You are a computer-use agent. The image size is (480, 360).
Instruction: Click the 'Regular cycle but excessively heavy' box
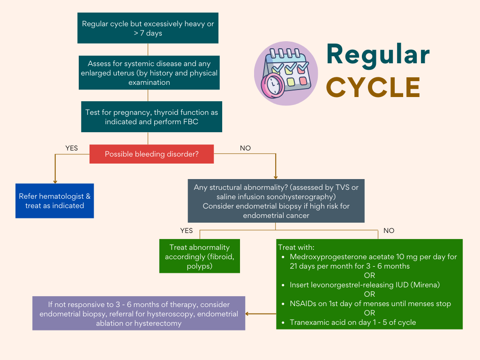[148, 28]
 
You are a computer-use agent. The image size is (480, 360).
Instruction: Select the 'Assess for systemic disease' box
[149, 73]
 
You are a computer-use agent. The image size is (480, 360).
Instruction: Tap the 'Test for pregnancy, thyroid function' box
[151, 117]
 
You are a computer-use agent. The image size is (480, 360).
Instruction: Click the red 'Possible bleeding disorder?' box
[151, 154]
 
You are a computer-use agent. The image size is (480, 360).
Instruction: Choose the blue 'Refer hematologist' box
[55, 201]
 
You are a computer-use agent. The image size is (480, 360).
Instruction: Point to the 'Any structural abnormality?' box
[276, 201]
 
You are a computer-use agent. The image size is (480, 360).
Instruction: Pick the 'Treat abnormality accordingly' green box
[200, 256]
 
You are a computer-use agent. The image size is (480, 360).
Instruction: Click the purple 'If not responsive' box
[139, 313]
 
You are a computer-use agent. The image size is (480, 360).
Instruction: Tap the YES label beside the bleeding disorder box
[71, 148]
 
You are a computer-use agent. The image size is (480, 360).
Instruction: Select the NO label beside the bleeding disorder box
[245, 148]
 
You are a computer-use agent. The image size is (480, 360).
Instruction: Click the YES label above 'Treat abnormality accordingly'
[187, 231]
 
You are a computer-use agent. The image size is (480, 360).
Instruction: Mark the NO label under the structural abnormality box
[389, 231]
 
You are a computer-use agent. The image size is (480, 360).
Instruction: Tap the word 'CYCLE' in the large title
[373, 87]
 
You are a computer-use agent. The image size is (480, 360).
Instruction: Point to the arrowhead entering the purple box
[247, 314]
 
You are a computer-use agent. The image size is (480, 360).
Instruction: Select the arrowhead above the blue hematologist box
[55, 181]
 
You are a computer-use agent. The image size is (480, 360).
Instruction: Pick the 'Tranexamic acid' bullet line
[352, 322]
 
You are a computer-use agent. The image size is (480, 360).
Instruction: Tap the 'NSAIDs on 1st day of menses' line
[370, 303]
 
